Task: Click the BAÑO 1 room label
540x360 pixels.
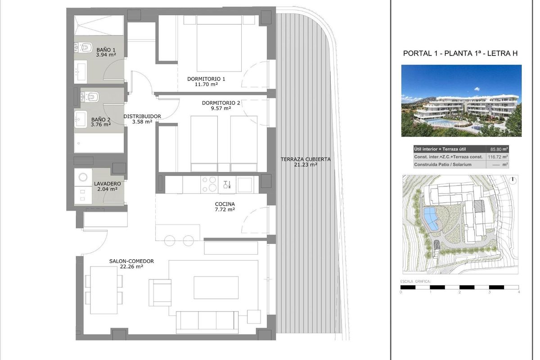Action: pos(106,49)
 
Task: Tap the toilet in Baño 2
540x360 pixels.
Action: pos(91,96)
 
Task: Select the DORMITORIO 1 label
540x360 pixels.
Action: pos(206,79)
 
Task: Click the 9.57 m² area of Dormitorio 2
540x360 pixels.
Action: pos(220,108)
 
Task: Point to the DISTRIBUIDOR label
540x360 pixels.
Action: pos(142,116)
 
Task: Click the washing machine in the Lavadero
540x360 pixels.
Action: pos(82,177)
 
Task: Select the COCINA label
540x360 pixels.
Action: pos(225,204)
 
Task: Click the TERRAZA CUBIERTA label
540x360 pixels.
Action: pos(306,159)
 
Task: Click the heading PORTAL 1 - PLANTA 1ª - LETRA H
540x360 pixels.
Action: pos(460,54)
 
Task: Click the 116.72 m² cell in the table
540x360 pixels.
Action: pos(499,157)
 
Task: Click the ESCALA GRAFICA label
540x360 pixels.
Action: pos(415,282)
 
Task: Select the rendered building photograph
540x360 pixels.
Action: pos(461,101)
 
